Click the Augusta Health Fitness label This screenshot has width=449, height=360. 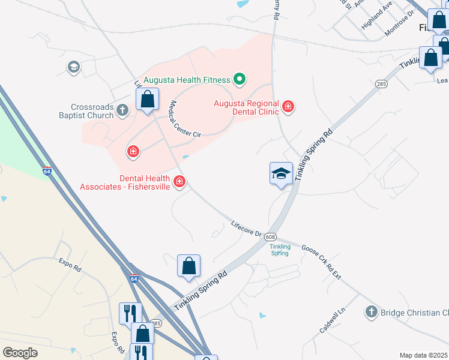point(187,79)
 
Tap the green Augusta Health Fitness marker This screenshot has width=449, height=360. point(239,79)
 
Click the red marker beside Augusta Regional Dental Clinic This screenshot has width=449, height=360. point(289,107)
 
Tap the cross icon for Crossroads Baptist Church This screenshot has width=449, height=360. point(122,110)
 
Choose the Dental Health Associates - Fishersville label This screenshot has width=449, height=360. point(125,182)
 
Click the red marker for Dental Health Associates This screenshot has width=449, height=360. point(179,181)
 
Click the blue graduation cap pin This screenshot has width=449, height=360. point(281,174)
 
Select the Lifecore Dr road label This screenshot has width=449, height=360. point(247,229)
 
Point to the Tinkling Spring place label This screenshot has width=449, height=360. point(280,250)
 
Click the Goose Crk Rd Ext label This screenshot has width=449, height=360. point(321,262)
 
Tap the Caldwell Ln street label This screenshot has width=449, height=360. point(333,320)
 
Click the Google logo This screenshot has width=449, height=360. point(20,353)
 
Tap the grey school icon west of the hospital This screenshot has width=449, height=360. point(74,67)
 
